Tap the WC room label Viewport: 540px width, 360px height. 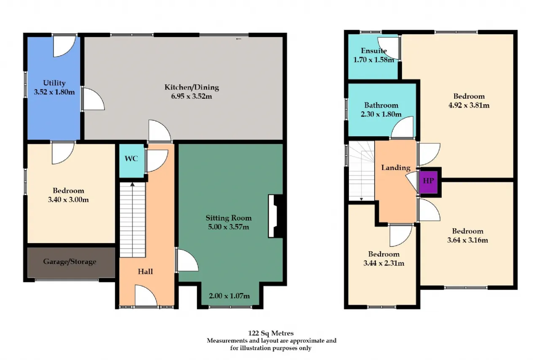131,159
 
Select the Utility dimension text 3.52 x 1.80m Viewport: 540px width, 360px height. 54,92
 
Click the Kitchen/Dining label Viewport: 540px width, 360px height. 192,87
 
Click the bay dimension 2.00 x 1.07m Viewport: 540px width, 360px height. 229,296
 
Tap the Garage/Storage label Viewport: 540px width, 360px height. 70,262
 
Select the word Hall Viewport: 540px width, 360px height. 146,271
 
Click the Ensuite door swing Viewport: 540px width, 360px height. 388,48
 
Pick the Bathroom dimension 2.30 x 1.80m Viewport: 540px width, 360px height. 381,114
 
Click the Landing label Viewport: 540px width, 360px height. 396,168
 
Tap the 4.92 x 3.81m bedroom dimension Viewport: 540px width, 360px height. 469,106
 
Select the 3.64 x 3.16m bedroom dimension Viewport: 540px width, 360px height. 468,240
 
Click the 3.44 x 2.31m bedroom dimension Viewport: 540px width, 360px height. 384,263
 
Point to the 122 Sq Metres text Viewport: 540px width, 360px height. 271,333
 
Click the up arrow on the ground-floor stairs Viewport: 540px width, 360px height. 132,184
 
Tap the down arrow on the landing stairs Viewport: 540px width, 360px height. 362,199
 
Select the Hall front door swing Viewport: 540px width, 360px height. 146,295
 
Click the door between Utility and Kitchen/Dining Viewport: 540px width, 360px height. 93,99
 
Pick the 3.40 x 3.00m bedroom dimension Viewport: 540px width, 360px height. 68,200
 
